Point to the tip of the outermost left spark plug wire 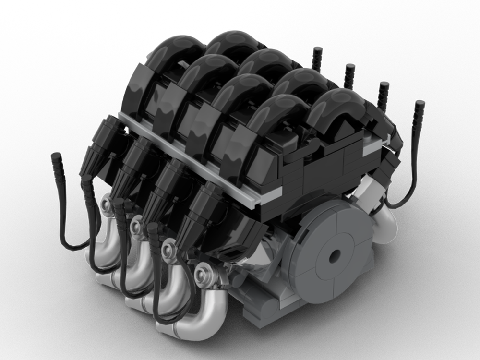(x=56, y=156)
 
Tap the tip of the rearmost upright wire (x=317, y=50)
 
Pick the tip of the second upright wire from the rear (x=349, y=67)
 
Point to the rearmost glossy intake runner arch (x=226, y=43)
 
